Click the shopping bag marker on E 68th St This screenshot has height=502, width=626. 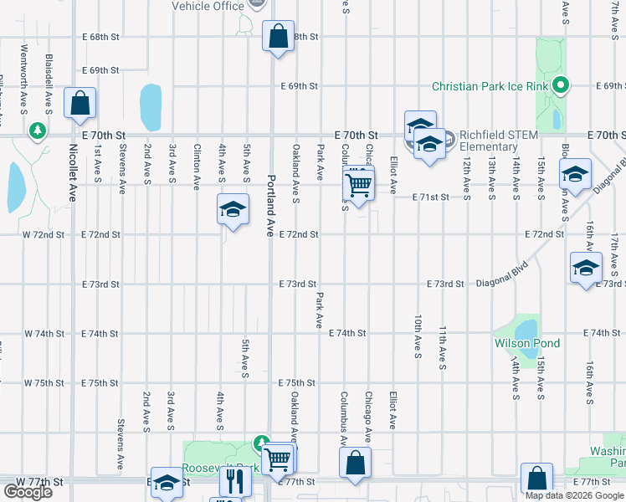tap(278, 37)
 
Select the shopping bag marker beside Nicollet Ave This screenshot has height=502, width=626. tap(80, 105)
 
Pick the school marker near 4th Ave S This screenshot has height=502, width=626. tap(233, 209)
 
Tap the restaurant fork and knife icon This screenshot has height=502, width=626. tap(235, 481)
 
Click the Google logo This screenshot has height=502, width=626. tap(28, 492)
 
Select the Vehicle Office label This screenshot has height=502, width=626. tap(208, 6)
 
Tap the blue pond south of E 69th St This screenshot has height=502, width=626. tap(151, 107)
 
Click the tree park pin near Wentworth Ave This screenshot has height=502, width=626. tap(37, 131)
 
